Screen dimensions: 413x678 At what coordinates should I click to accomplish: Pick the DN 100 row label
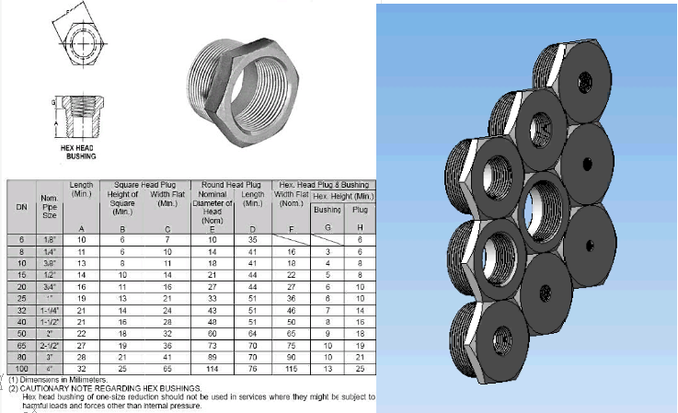pyautogui.click(x=19, y=369)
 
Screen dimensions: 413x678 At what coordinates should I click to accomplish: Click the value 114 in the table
pyautogui.click(x=213, y=369)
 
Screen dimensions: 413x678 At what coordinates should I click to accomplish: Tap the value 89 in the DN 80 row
pyautogui.click(x=213, y=357)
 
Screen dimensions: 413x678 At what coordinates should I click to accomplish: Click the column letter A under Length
pyautogui.click(x=81, y=227)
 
